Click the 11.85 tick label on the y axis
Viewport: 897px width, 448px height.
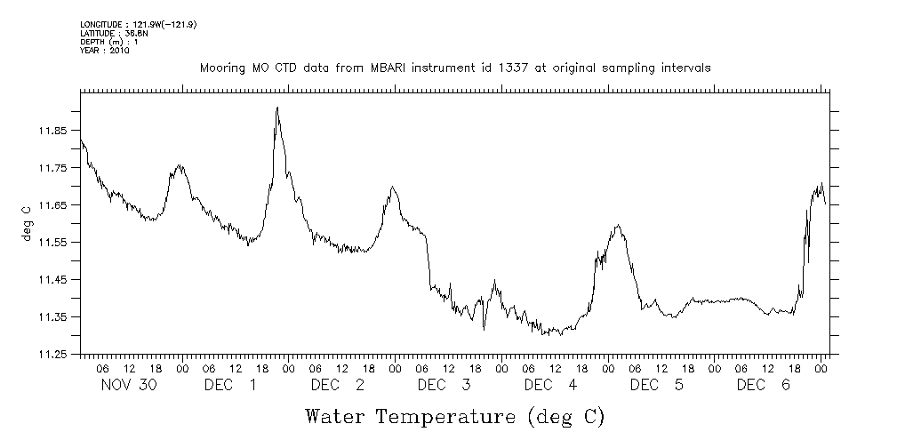[52, 131]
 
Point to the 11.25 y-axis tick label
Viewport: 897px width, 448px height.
[52, 355]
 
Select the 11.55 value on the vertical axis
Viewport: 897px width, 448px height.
[52, 243]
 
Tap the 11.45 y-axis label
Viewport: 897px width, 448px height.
[52, 280]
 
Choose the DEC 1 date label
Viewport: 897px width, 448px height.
[231, 385]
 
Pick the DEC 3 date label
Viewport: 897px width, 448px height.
[444, 385]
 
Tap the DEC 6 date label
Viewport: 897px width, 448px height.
[764, 385]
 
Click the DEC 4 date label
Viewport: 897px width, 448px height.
[551, 385]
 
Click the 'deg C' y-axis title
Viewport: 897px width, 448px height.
[28, 224]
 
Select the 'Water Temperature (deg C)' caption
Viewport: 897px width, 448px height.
[455, 416]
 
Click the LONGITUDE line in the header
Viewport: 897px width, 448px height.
[138, 24]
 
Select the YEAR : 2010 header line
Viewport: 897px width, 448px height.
[105, 51]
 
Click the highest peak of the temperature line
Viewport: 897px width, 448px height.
[277, 108]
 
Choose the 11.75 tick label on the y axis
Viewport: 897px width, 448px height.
[52, 168]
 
